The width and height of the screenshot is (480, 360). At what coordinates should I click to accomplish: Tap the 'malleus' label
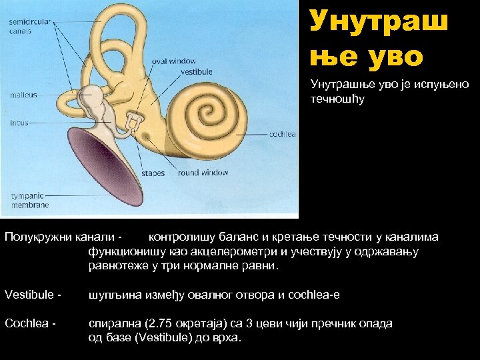23,95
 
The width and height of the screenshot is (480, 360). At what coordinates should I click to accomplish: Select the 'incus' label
19,123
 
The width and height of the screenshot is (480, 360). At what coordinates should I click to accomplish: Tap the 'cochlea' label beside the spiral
283,134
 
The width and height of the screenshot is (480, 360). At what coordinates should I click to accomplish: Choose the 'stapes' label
153,173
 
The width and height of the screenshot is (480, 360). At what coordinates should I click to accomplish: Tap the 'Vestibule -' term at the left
33,295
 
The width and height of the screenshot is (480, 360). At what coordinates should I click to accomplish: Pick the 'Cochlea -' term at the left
31,323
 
